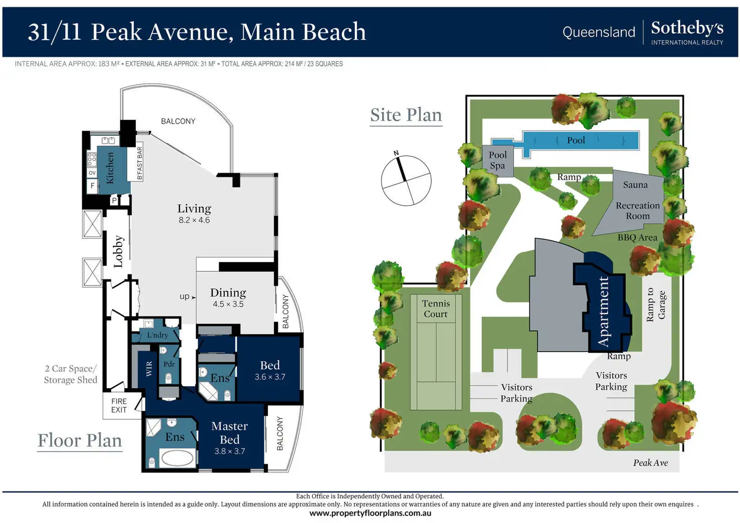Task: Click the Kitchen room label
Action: (110, 168)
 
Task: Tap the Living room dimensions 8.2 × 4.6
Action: (194, 220)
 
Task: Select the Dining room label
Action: (228, 293)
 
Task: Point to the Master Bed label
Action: (229, 432)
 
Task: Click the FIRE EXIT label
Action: (119, 405)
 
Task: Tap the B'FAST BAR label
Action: (140, 163)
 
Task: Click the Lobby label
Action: (118, 251)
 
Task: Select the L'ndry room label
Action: (157, 335)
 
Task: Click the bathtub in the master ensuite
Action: (177, 458)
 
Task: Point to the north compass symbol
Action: (406, 180)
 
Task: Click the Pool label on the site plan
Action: (576, 140)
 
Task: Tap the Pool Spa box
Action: (498, 160)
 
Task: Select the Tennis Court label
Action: (435, 309)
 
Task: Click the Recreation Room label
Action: (637, 211)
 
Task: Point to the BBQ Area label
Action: (637, 237)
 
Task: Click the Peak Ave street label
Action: (650, 463)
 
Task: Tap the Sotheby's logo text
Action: (687, 28)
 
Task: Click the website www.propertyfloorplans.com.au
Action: (370, 513)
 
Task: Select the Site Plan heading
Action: (406, 115)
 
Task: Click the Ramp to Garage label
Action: (656, 305)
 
